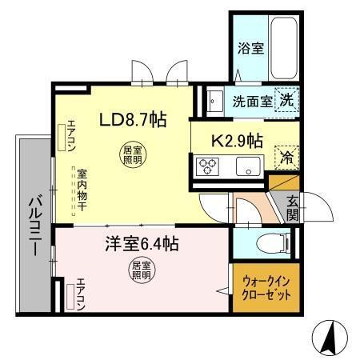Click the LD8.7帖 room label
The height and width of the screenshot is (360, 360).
[x=132, y=121]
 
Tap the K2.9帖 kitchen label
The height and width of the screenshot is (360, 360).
[x=237, y=141]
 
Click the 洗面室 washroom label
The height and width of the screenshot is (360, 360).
[x=250, y=101]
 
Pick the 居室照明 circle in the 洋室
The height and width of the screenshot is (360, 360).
[x=141, y=270]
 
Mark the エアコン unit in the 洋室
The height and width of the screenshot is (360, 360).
[x=78, y=297]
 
